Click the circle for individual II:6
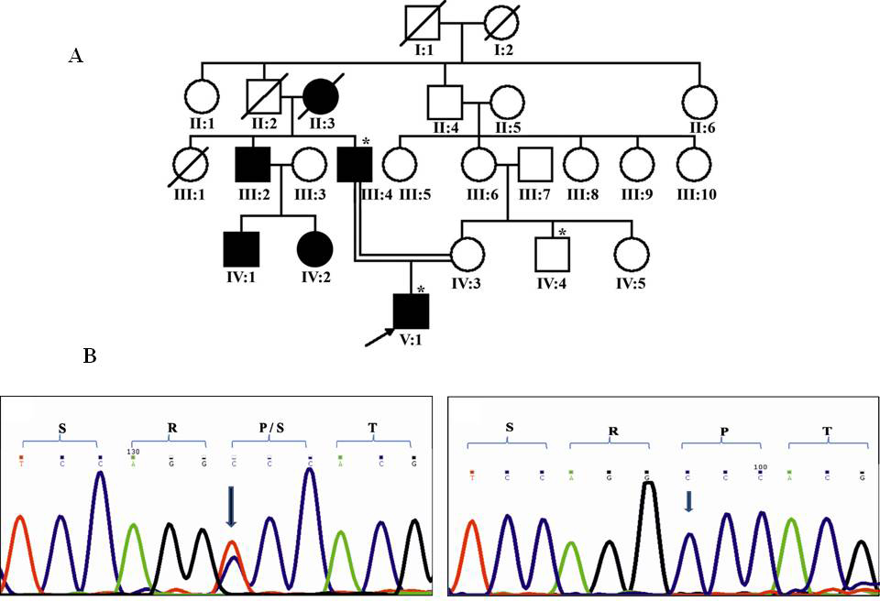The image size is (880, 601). [x=697, y=101]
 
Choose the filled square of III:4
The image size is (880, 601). [x=352, y=166]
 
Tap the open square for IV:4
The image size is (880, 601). [x=552, y=250]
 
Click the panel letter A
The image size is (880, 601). [x=76, y=56]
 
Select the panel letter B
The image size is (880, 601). [x=90, y=356]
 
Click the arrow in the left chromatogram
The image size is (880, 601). [x=231, y=507]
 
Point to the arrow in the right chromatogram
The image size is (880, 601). [x=689, y=500]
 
